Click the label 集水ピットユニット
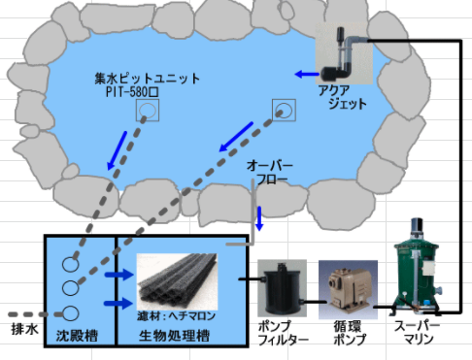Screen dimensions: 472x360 (x=148, y=79)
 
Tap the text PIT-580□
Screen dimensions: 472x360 (x=132, y=92)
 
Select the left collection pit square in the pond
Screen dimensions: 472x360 (x=148, y=111)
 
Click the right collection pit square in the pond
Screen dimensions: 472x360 (x=284, y=110)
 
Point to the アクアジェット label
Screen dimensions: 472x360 (x=342, y=97)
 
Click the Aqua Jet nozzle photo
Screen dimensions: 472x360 (x=344, y=53)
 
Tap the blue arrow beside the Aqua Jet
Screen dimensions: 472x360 (x=307, y=74)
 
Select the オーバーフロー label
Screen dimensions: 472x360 (x=270, y=173)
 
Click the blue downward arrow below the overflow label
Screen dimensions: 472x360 (x=259, y=218)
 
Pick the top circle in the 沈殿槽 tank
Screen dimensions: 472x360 (x=70, y=264)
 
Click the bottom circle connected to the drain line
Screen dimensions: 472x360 (x=70, y=313)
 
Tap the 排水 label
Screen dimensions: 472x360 (x=24, y=329)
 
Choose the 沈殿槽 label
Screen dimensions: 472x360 (x=77, y=336)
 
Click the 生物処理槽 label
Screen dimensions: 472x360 (x=174, y=336)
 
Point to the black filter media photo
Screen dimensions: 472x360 (x=177, y=281)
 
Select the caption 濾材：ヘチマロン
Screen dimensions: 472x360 (x=176, y=315)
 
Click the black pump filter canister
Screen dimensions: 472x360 (x=283, y=288)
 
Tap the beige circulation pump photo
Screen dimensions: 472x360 (x=348, y=289)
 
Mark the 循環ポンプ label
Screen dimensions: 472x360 (x=349, y=333)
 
